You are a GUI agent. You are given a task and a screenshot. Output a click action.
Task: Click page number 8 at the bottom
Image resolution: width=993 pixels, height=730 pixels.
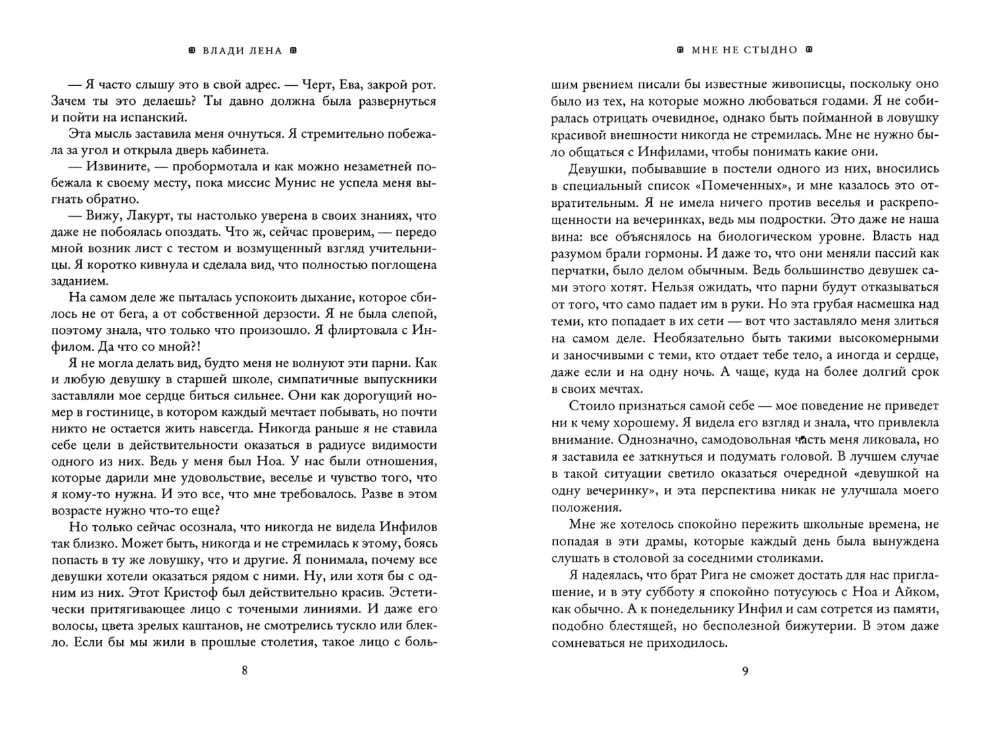tap(245, 671)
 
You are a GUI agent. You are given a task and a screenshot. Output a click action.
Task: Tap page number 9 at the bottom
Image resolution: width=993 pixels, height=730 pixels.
tap(745, 671)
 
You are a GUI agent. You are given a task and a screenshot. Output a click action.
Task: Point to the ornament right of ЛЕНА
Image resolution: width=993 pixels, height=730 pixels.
tap(292, 50)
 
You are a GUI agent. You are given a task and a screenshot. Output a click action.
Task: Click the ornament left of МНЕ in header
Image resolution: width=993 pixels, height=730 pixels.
tap(680, 50)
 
